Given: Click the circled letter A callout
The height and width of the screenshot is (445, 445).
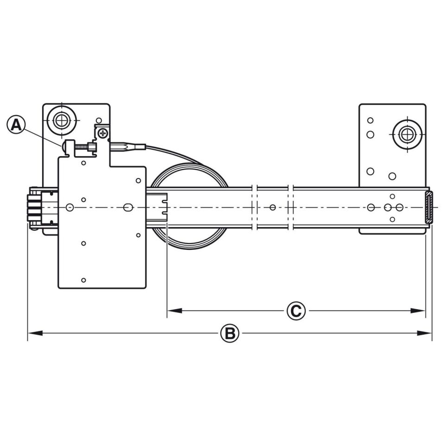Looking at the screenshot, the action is tap(16, 124).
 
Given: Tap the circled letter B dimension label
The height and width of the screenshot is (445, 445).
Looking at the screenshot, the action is tap(230, 333).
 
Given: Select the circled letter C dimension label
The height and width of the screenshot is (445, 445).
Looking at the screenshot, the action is tap(296, 311).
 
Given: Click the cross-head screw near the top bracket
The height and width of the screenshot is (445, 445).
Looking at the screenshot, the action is tap(103, 133).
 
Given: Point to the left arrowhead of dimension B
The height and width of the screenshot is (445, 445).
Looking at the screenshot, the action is tap(35, 333).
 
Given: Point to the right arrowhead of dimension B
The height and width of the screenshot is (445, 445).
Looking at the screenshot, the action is tap(424, 333).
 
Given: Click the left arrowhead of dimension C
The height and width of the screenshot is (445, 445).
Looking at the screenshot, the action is tap(175, 311).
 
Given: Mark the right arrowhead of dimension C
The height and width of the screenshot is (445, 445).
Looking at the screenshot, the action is tap(418, 311).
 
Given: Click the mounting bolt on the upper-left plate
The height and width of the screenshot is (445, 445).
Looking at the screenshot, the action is tap(62, 121).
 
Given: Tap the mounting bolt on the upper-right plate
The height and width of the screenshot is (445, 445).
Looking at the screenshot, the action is tap(407, 134).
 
